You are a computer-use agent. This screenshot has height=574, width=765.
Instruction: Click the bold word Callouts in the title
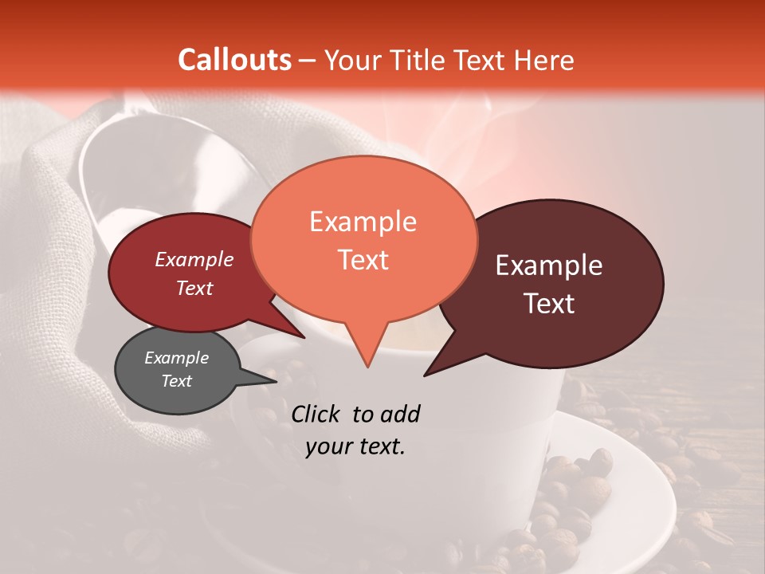234,60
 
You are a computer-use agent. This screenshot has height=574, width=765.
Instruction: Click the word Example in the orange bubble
363,222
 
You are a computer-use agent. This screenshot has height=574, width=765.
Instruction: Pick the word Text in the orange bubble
363,260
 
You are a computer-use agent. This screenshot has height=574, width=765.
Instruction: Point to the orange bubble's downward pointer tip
367,367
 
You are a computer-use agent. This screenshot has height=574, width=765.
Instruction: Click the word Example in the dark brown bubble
549,265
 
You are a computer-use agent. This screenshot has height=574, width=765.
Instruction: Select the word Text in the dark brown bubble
550,304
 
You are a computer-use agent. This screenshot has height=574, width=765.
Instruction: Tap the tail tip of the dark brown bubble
425,375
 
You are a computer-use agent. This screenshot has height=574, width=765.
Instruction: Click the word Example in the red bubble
194,259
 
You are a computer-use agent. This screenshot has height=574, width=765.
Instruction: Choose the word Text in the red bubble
194,288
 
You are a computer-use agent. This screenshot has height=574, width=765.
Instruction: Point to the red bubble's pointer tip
305,338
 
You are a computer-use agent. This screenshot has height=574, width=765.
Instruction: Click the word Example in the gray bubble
176,358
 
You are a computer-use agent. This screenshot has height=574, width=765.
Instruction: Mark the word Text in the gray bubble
176,381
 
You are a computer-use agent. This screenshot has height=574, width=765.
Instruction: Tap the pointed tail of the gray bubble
277,381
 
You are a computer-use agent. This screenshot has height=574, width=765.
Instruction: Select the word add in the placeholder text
399,414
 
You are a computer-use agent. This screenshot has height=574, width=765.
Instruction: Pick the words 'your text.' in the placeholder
355,447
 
